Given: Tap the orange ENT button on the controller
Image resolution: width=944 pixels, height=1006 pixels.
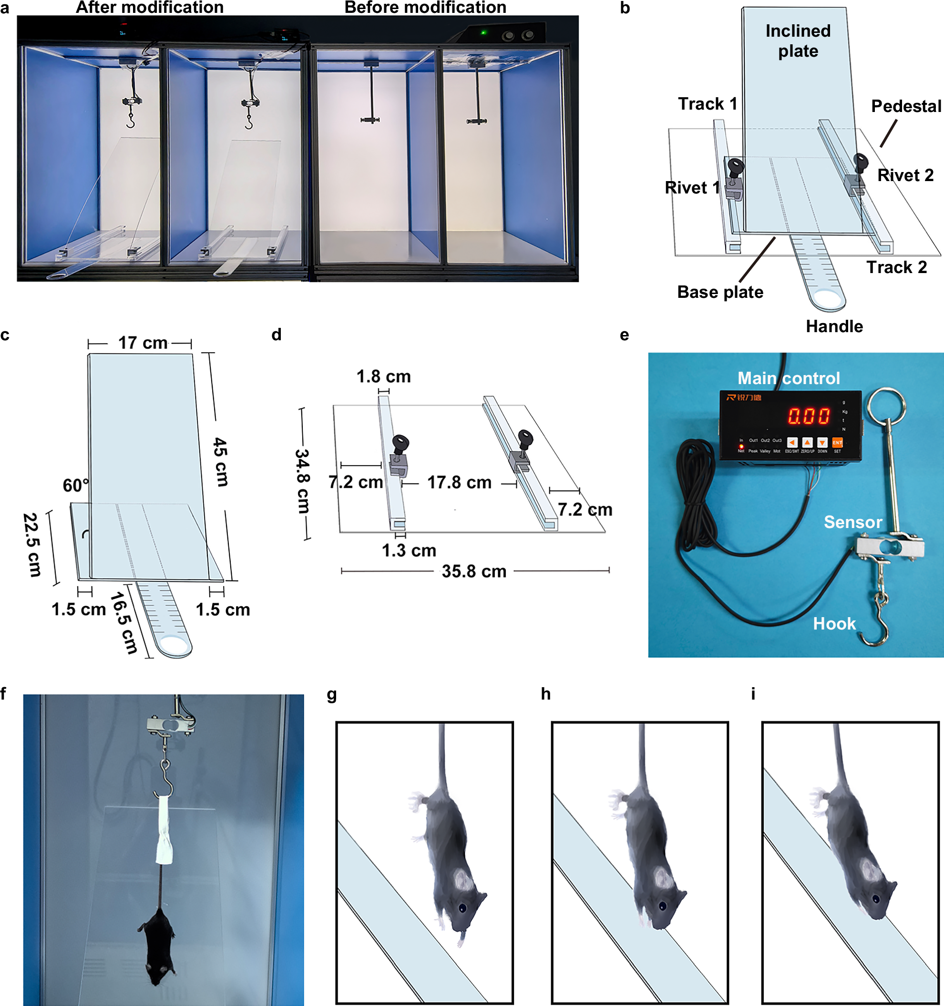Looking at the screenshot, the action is click(837, 443).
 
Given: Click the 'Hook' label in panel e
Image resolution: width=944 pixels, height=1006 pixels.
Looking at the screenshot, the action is click(834, 623).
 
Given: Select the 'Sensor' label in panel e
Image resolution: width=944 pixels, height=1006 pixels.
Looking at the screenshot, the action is click(853, 522).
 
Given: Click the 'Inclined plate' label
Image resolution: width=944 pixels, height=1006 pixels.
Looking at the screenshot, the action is click(798, 41).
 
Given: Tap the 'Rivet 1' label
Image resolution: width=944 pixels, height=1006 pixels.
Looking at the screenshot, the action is click(692, 188).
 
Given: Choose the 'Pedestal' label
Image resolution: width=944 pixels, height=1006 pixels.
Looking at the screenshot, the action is click(906, 106).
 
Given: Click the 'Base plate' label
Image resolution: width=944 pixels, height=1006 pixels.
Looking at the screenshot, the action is click(720, 292).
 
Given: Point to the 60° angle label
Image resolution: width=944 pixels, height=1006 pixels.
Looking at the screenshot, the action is click(75, 485).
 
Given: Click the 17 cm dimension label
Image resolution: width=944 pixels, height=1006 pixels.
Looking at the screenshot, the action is click(143, 343).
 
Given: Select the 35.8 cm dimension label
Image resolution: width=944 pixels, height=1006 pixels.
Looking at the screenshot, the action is click(474, 571).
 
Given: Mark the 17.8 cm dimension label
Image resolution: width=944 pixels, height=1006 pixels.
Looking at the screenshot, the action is click(459, 482).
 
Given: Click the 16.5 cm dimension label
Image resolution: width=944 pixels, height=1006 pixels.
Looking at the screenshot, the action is click(123, 623).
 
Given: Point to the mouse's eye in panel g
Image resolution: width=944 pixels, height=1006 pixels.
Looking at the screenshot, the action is click(462, 908).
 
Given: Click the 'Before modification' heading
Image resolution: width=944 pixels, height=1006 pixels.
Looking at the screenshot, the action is click(425, 8).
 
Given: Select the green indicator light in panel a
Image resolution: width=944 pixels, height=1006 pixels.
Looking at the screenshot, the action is click(483, 33).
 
